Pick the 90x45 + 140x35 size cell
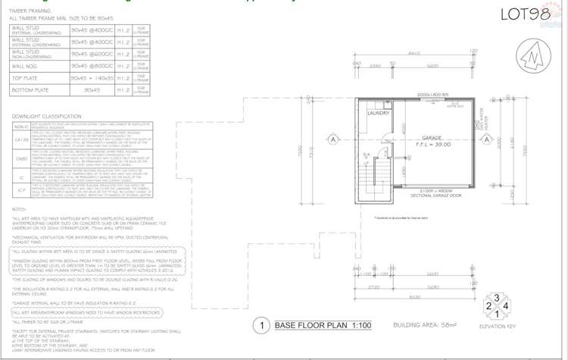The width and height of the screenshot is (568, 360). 90,77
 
